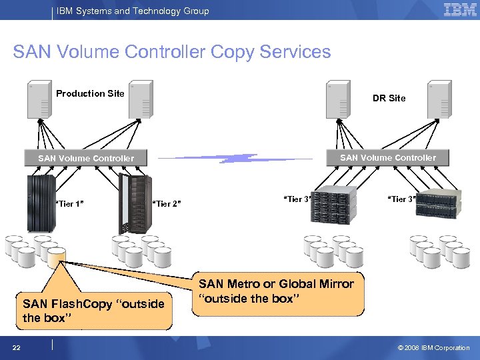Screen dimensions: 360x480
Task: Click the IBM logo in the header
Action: click(459, 9)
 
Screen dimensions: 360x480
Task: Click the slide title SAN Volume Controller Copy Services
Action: click(171, 52)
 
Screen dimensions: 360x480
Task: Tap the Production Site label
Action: click(90, 93)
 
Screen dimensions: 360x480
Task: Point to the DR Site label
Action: click(389, 98)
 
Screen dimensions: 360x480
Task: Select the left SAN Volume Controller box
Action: click(86, 158)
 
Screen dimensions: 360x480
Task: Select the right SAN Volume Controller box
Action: click(388, 157)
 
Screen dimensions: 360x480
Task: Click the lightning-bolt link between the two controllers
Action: click(237, 159)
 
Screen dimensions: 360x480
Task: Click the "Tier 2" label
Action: click(167, 203)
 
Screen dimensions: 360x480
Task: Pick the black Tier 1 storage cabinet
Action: click(41, 203)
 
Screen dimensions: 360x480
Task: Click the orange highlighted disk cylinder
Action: click(56, 255)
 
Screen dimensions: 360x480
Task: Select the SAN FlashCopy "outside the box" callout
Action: click(93, 311)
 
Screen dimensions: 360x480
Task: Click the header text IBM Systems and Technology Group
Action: click(133, 11)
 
